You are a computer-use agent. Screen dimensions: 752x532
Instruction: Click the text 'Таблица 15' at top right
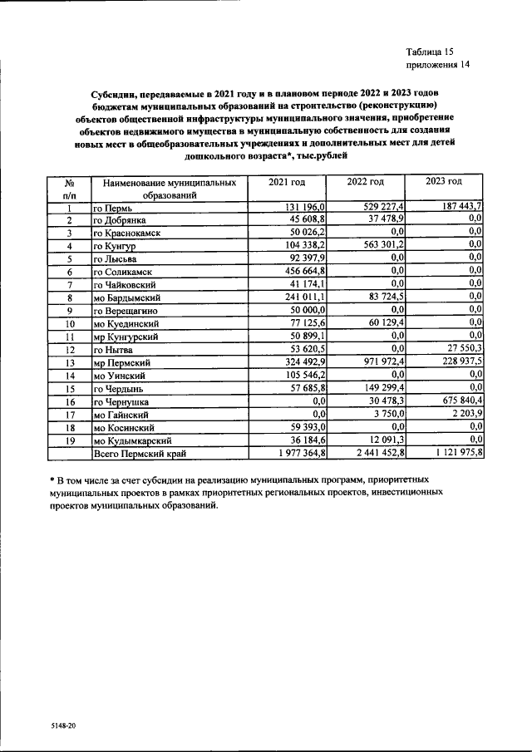tap(431, 51)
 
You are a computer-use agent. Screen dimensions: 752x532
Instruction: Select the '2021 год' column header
tap(286, 182)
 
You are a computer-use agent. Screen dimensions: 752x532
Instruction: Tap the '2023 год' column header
tap(443, 182)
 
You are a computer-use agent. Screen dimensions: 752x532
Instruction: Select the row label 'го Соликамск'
tap(126, 272)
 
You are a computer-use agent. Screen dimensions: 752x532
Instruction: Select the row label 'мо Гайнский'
tap(121, 414)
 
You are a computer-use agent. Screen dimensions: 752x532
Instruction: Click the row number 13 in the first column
tap(71, 361)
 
